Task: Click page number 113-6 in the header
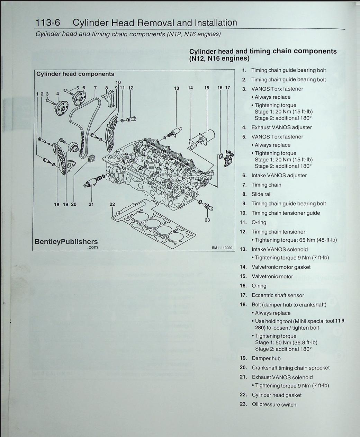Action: pyautogui.click(x=48, y=23)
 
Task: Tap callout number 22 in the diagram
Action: pyautogui.click(x=112, y=204)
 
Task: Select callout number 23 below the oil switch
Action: pyautogui.click(x=207, y=220)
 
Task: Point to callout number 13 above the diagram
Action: pyautogui.click(x=177, y=88)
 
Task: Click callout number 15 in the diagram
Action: pyautogui.click(x=207, y=88)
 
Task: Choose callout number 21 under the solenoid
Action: pyautogui.click(x=91, y=204)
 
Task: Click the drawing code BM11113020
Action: pyautogui.click(x=222, y=248)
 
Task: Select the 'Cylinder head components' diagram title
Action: pyautogui.click(x=75, y=74)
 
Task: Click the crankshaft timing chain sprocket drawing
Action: pyautogui.click(x=91, y=159)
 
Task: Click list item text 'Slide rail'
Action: pyautogui.click(x=261, y=194)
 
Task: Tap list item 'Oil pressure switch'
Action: pyautogui.click(x=274, y=404)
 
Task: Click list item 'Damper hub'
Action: pyautogui.click(x=266, y=358)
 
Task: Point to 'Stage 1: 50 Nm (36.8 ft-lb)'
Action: pyautogui.click(x=286, y=342)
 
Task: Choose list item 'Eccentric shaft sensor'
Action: pyautogui.click(x=278, y=295)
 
